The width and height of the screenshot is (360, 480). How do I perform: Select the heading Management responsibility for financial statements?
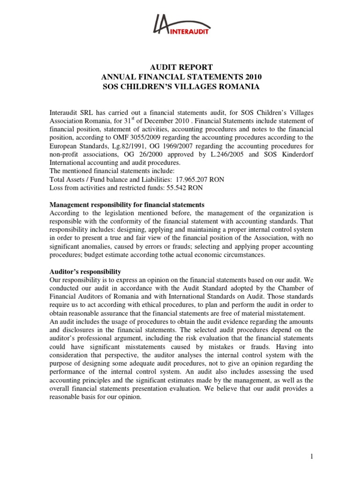coord(127,205)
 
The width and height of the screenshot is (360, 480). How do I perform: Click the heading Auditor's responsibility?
coord(85,272)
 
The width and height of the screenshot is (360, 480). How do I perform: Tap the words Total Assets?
coord(69,179)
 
